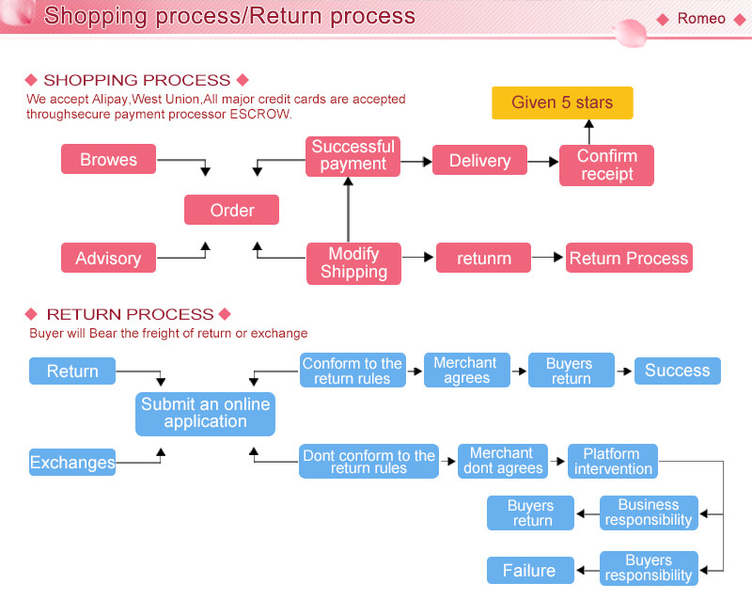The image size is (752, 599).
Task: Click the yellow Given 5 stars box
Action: point(562,102)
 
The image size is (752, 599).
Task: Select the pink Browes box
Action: point(108,159)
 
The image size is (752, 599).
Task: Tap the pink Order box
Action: point(232,210)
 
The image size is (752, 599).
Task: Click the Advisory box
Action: point(108,259)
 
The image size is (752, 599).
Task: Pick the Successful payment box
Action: point(352,155)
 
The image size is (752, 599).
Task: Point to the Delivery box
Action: point(479,161)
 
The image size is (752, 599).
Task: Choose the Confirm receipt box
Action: point(606,165)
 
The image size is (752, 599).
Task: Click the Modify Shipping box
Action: point(353,263)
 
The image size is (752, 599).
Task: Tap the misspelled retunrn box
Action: point(483,259)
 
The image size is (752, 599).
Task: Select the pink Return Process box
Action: point(629,259)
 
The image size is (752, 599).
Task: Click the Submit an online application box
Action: point(205,414)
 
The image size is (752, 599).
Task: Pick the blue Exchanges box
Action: point(72,462)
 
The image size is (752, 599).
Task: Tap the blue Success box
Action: point(677,370)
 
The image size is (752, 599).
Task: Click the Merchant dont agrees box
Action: point(503,461)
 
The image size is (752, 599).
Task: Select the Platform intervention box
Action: point(613,461)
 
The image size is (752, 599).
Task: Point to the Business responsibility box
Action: point(649,512)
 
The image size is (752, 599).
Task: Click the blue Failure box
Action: point(529,570)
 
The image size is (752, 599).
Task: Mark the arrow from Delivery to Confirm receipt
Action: point(542,162)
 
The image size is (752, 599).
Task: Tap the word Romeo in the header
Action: point(701,19)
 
